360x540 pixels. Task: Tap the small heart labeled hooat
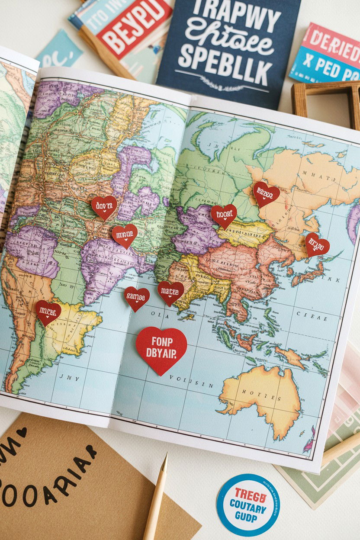pyautogui.click(x=224, y=215)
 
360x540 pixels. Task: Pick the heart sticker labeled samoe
pyautogui.click(x=137, y=298)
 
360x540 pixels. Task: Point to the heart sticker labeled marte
pyautogui.click(x=170, y=292)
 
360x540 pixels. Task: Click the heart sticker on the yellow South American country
pyautogui.click(x=48, y=312)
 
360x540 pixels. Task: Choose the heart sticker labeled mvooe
pyautogui.click(x=125, y=235)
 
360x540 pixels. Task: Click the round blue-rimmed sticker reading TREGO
pyautogui.click(x=248, y=505)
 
